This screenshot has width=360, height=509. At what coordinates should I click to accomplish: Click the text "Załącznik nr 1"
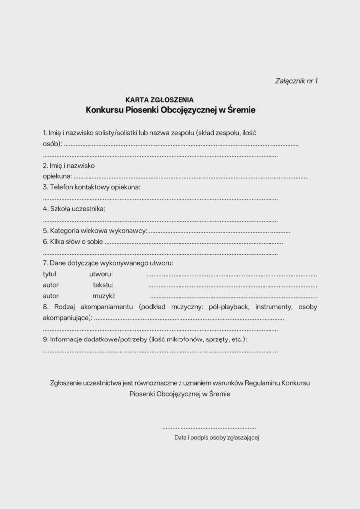tap(296, 80)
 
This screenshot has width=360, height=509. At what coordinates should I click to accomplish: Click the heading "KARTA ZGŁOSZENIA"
tap(160, 100)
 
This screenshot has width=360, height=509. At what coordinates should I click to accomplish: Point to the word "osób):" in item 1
tap(52, 144)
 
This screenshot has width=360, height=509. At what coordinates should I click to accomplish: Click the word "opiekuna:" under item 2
tap(57, 176)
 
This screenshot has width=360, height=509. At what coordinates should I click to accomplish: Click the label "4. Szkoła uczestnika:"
tap(74, 209)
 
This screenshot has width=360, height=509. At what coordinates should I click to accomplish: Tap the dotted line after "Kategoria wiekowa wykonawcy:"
tap(219, 232)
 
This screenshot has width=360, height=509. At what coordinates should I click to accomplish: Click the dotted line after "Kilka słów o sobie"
tap(194, 243)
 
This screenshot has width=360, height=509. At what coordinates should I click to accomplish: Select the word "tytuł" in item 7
tap(50, 274)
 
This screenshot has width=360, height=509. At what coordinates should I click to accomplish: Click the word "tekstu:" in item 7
tap(103, 285)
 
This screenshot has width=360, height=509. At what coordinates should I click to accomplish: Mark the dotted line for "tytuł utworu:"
tap(232, 275)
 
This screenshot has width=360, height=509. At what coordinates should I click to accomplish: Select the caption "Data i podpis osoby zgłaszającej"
tap(217, 438)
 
